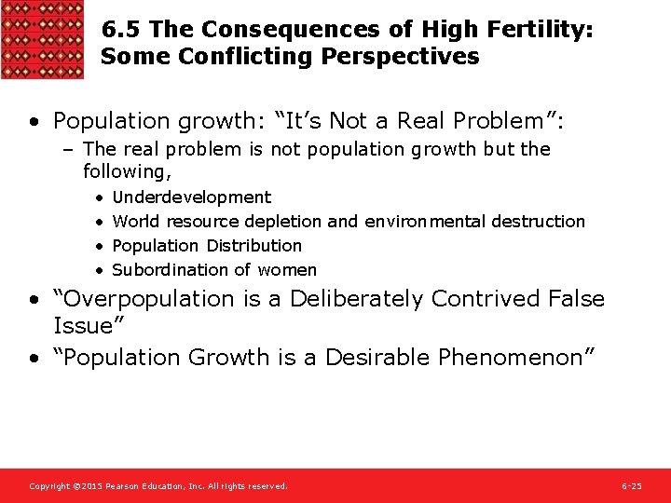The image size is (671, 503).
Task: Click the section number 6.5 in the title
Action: click(x=119, y=31)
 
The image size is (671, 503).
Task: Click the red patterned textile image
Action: click(x=42, y=39)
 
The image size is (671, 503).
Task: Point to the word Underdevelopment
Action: click(x=191, y=197)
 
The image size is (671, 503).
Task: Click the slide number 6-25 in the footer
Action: click(x=631, y=486)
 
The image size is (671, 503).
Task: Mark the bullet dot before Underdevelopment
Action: click(x=98, y=197)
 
